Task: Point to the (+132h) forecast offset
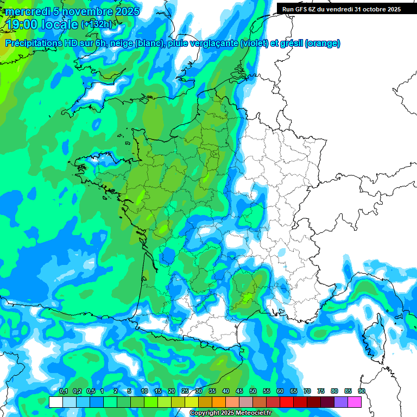(x=96, y=24)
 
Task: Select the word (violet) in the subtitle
(x=254, y=43)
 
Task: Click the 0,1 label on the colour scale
(x=63, y=391)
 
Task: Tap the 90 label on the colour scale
(x=362, y=391)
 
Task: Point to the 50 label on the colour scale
(x=253, y=391)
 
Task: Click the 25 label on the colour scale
(x=185, y=391)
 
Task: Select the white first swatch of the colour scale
(x=55, y=402)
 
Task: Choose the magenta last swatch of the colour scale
(x=355, y=402)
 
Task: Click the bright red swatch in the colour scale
(x=287, y=402)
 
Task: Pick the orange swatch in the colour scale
(x=219, y=402)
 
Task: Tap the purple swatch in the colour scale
(x=341, y=402)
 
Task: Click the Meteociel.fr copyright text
(x=231, y=413)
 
